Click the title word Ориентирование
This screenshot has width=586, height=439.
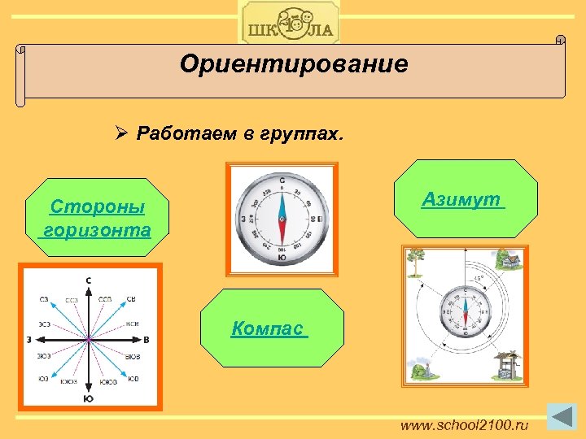tap(294, 64)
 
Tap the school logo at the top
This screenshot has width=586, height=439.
tap(289, 23)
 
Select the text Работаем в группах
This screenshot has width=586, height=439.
tap(240, 133)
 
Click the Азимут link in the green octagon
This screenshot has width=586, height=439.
tap(462, 199)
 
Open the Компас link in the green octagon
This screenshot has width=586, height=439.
tap(268, 328)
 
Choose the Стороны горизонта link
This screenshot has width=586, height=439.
tap(97, 218)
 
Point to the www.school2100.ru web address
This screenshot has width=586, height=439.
tap(464, 425)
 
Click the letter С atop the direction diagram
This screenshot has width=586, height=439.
tap(89, 280)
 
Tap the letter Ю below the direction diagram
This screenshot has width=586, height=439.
tap(88, 398)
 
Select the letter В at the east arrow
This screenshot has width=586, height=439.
tap(146, 339)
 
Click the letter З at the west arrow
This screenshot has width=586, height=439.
tap(28, 339)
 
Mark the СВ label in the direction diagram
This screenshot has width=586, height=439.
tap(132, 298)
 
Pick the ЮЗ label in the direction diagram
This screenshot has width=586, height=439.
tap(43, 379)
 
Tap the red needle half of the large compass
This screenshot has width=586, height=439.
tap(282, 236)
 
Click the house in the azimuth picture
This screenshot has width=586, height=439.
tap(509, 261)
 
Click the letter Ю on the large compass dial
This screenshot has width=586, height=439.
tap(282, 258)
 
